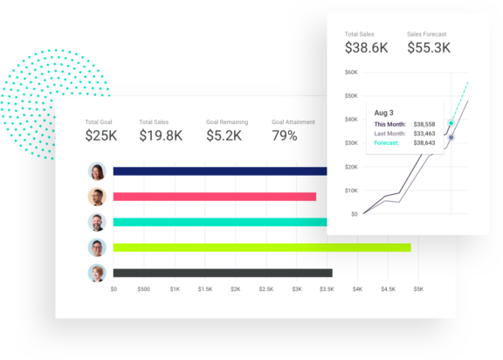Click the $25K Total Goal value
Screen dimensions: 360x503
pos(100,135)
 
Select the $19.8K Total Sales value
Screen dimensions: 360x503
pos(161,135)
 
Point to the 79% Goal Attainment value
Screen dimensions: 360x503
pos(285,135)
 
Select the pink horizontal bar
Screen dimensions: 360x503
pos(215,197)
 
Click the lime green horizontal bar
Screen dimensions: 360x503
pos(262,247)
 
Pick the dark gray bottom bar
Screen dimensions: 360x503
pos(223,273)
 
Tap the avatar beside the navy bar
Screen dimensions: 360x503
pos(97,171)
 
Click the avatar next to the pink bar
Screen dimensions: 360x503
pos(97,197)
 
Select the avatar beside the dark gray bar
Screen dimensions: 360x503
pos(97,273)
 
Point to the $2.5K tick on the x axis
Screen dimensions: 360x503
pos(265,288)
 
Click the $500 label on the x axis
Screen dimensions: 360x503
pos(144,288)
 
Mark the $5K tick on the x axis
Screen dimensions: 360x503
pos(418,288)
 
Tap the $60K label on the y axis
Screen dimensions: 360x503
pos(351,73)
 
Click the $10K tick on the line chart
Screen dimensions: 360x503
pos(351,190)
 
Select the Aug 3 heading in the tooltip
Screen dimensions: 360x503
pos(384,112)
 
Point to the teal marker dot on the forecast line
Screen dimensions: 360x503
pos(451,123)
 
